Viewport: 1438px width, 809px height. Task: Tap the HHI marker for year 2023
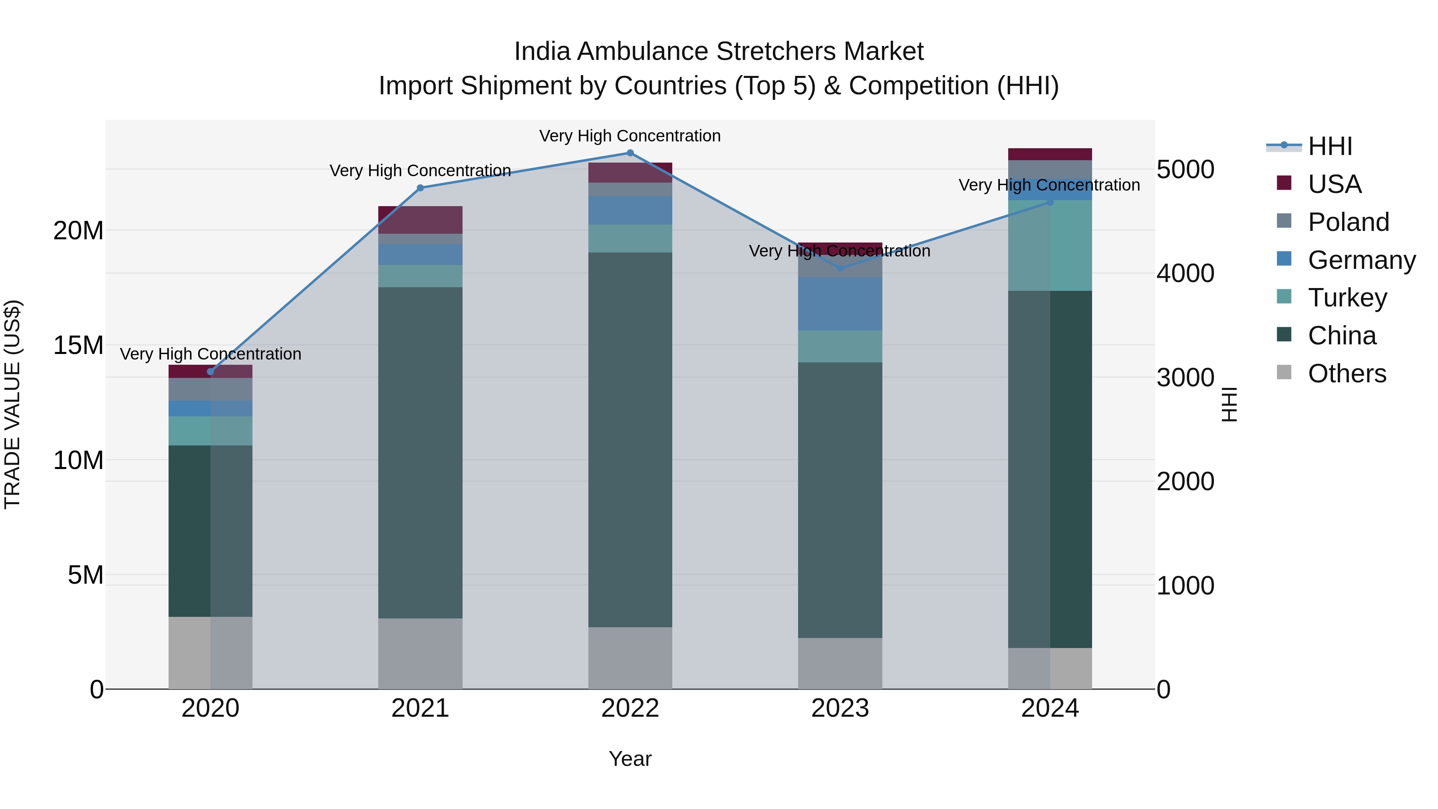[x=840, y=268]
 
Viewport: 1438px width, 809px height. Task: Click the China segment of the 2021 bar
[x=420, y=452]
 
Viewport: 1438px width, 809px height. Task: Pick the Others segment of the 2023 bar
[x=840, y=663]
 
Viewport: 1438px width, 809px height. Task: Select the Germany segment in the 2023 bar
[x=840, y=304]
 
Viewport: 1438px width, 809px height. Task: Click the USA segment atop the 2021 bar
[x=420, y=219]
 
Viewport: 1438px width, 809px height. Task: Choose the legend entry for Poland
[x=1348, y=222]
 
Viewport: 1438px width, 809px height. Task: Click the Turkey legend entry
[x=1347, y=298]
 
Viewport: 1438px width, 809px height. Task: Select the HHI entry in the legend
[x=1330, y=146]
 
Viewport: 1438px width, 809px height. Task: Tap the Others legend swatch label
[x=1347, y=374]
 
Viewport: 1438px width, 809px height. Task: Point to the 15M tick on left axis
[x=78, y=346]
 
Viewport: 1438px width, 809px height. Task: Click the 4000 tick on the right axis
[x=1185, y=274]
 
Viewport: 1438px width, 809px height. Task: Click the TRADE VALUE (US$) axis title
[x=12, y=404]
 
